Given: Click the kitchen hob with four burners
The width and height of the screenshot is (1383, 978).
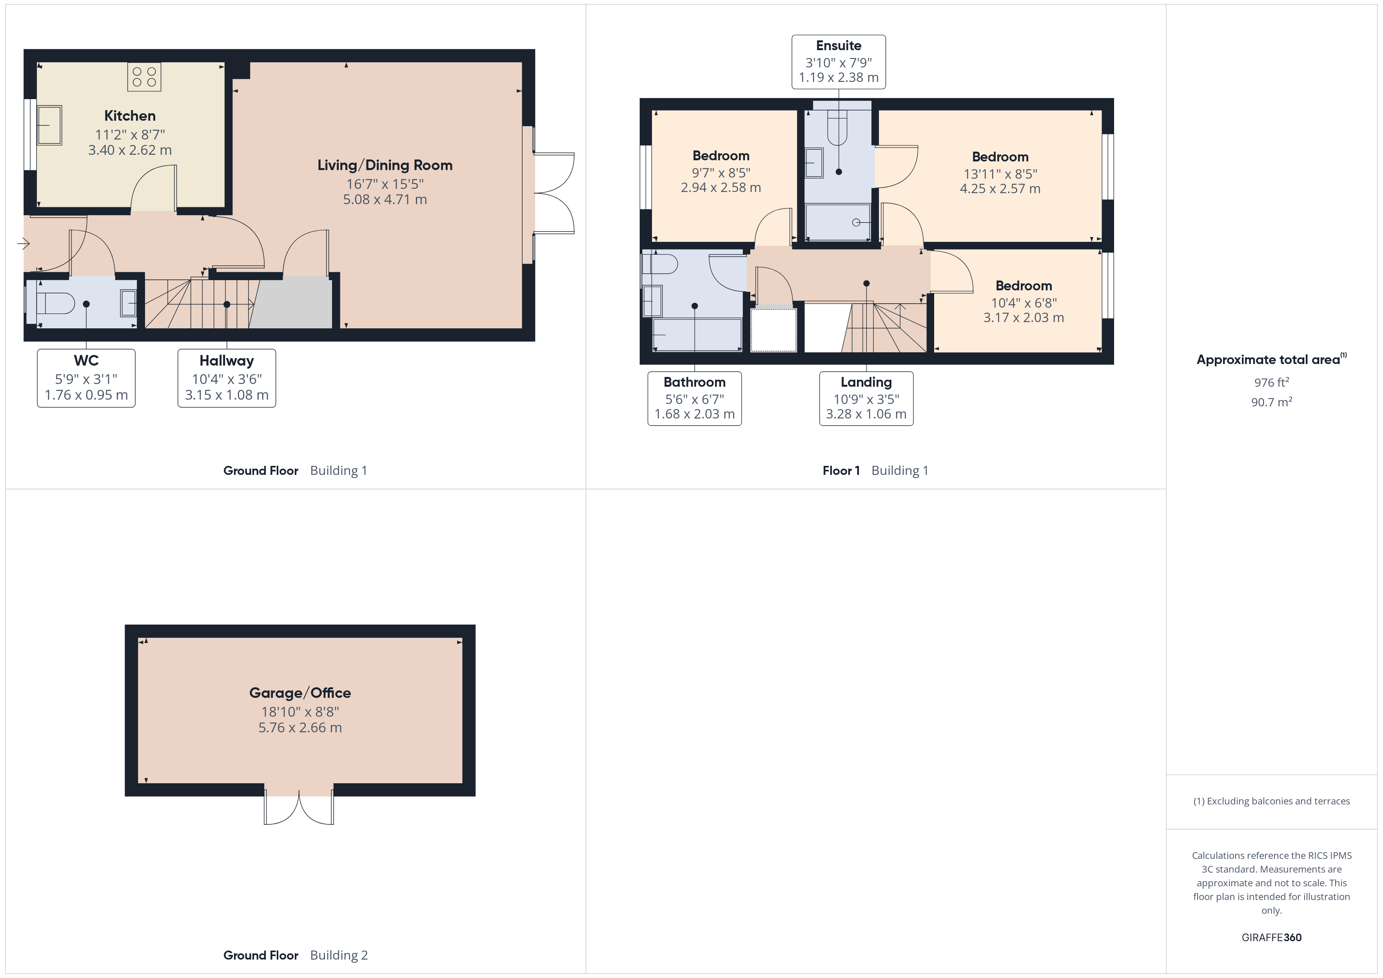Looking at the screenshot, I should point(144,76).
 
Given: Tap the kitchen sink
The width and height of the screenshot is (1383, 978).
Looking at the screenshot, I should point(49,125).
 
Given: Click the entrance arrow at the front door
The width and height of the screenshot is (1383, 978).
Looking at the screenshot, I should point(24,243).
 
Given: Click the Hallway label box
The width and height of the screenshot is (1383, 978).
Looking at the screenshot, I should point(227,378).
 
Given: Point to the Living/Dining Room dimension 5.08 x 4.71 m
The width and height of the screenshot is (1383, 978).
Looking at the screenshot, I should point(385,199).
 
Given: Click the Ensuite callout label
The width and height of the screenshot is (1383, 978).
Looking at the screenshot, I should point(839,62).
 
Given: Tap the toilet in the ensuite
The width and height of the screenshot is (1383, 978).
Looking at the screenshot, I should point(837,129).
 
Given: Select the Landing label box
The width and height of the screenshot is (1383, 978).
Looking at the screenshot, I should point(866,398).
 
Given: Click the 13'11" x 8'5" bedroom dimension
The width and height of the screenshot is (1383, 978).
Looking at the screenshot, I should point(1000,174).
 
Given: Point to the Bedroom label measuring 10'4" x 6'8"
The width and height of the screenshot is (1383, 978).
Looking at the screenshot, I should point(1024,286).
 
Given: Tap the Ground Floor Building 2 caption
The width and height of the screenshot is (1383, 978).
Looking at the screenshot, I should point(295,955).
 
